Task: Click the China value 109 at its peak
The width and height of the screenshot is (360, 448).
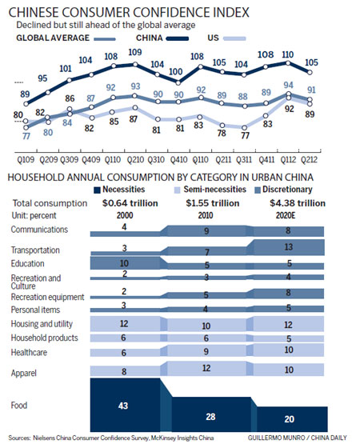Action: [135, 52]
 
